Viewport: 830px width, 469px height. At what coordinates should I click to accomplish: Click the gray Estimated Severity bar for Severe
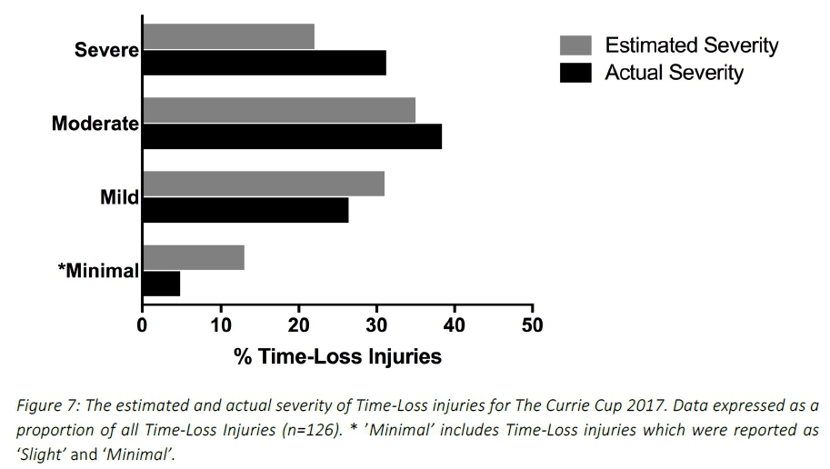228,36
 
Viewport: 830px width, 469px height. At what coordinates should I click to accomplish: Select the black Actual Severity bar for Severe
264,63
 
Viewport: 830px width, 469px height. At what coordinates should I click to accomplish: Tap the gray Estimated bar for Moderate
278,110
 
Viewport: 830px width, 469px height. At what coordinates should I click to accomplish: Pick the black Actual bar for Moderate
292,136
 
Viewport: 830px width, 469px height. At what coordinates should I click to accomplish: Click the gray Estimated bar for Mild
263,184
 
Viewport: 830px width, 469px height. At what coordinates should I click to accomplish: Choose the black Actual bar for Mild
245,210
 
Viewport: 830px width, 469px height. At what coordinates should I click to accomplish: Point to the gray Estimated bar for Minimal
193,257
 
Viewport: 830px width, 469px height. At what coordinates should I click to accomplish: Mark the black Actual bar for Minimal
161,284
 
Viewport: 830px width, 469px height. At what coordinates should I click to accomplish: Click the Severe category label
105,50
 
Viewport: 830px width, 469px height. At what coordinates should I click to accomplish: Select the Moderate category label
95,124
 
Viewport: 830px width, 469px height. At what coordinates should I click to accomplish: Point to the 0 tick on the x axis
142,324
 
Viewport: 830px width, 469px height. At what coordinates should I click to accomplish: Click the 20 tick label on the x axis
298,324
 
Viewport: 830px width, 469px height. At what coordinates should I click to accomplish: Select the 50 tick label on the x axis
533,324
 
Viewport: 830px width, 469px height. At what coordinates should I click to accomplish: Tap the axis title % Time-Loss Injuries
337,356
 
